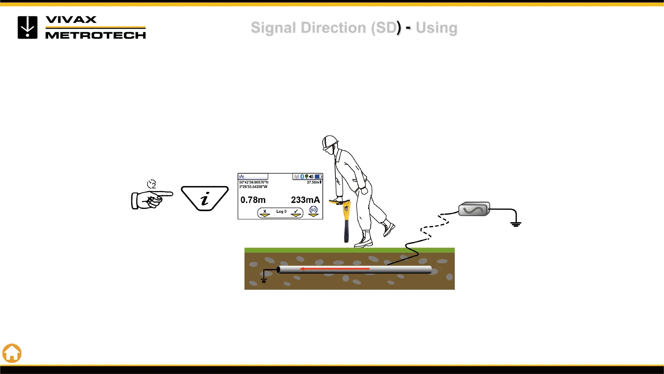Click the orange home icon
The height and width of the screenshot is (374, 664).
coord(12,353)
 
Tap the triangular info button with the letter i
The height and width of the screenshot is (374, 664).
coord(205,198)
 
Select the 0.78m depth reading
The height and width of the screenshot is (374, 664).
coord(253,200)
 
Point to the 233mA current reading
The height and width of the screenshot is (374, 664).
coord(305,200)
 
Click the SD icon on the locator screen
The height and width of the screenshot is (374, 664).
coord(313,210)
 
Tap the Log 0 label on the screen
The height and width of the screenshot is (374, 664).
coord(281,212)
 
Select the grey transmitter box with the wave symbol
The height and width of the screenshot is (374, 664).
coord(474,209)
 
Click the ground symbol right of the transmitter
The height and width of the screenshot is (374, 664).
coord(516,224)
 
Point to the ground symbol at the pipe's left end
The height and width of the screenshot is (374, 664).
coord(264,280)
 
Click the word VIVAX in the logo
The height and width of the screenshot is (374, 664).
coord(71,20)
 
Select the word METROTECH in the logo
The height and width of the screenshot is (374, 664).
coord(95,35)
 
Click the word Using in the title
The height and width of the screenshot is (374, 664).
coord(436,28)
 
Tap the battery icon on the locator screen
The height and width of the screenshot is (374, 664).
coord(318,177)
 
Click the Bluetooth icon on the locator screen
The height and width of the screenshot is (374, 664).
coord(302,177)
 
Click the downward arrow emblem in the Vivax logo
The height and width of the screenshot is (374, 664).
coord(28,27)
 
